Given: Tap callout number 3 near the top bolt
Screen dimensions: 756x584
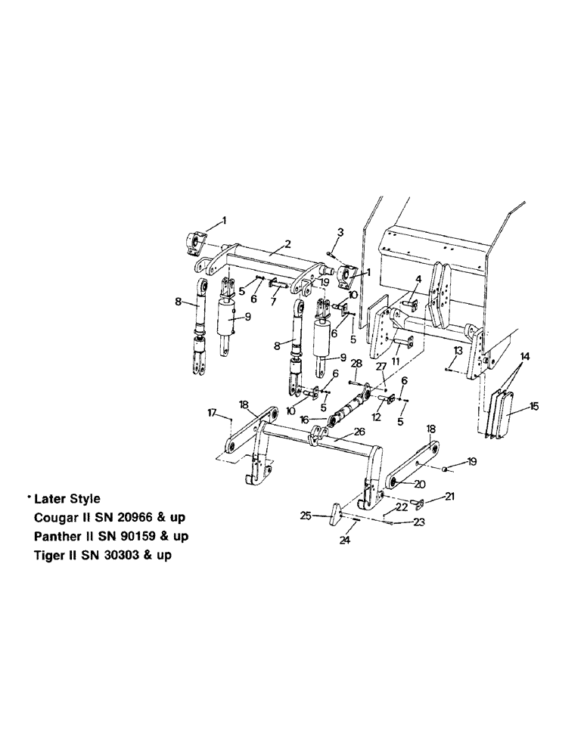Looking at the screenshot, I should pyautogui.click(x=340, y=231).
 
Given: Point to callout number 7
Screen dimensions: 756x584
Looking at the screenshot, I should pyautogui.click(x=273, y=300).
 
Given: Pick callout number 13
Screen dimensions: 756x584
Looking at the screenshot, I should pyautogui.click(x=457, y=352).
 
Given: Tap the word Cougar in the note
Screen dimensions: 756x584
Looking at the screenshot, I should pyautogui.click(x=56, y=518).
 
